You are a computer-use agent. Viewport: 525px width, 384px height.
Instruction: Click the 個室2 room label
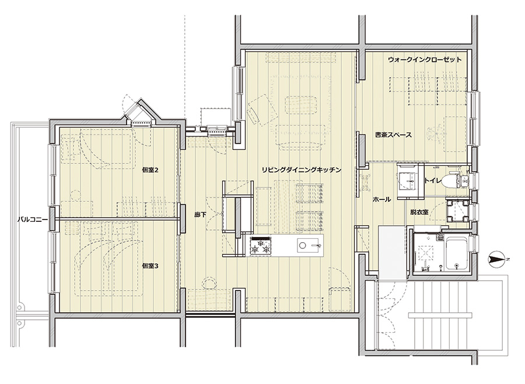click(x=150, y=170)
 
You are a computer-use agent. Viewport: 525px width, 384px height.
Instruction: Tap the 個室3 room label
click(x=150, y=266)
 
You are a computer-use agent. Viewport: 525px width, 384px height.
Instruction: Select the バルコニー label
click(x=30, y=220)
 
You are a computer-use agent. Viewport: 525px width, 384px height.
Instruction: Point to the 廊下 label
click(x=200, y=215)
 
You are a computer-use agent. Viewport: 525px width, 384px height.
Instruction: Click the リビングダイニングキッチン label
click(x=302, y=170)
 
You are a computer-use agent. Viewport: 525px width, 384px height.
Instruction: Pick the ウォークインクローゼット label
click(x=425, y=60)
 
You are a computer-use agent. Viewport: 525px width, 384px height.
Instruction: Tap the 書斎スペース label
click(x=393, y=135)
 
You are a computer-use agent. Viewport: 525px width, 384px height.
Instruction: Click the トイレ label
click(x=433, y=180)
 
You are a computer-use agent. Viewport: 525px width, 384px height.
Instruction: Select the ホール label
click(x=381, y=200)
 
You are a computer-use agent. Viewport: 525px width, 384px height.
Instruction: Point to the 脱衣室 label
click(x=419, y=212)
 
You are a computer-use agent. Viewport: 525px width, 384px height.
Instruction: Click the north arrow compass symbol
click(x=499, y=259)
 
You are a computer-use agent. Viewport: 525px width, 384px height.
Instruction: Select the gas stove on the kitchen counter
click(x=261, y=246)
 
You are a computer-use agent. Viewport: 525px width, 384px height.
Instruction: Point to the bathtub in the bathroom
click(x=457, y=254)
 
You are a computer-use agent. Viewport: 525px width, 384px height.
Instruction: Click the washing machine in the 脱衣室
click(x=458, y=211)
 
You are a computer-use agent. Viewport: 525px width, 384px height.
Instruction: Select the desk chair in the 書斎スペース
click(x=434, y=133)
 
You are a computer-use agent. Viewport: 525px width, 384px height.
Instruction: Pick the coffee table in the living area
click(x=300, y=106)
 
